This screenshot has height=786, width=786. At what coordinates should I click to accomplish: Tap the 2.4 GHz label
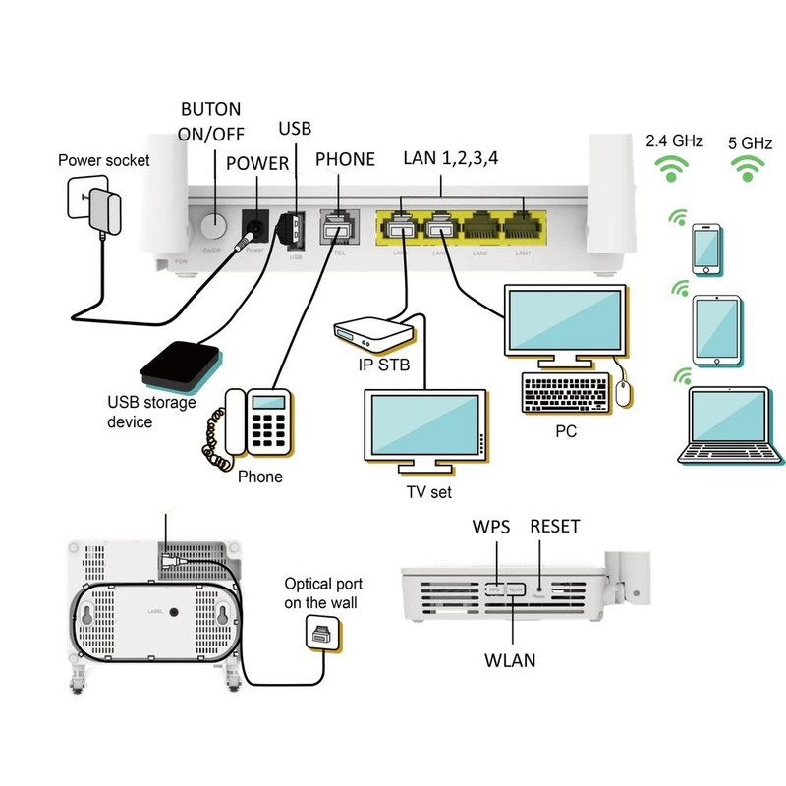coord(674,141)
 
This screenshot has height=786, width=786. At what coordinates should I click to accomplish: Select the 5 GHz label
coord(751,141)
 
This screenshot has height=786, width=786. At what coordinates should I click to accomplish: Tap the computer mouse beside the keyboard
coord(623,394)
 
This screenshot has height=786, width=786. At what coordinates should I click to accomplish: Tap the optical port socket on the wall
coord(321,635)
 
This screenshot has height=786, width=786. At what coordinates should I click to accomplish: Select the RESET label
coord(554,527)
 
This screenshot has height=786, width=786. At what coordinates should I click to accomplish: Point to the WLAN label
coord(510,660)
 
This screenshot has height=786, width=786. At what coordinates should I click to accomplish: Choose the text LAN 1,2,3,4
coord(451,159)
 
